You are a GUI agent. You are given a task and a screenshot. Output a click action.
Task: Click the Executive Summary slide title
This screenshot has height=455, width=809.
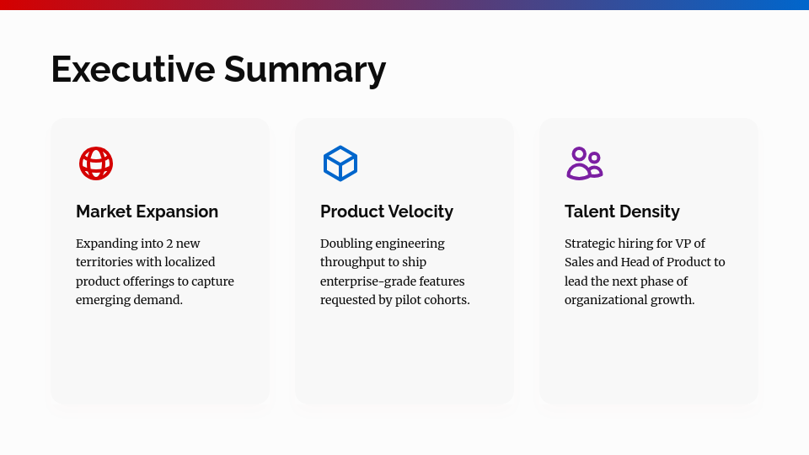tap(218, 69)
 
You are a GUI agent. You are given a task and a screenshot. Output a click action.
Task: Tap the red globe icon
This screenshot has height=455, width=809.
tap(96, 163)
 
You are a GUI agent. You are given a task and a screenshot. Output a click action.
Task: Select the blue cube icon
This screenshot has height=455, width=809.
tap(340, 163)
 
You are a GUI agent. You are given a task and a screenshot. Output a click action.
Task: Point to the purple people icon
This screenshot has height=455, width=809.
tap(584, 163)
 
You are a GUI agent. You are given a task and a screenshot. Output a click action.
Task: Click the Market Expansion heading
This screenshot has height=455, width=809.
tap(147, 211)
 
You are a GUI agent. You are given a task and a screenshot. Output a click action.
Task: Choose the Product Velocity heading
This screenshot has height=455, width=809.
tap(386, 211)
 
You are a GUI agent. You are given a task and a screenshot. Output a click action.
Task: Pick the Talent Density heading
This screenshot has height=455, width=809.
tap(622, 211)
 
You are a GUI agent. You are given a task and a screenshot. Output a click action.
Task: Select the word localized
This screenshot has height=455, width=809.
tap(190, 262)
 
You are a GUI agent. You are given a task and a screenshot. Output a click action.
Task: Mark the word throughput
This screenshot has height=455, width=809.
tap(352, 262)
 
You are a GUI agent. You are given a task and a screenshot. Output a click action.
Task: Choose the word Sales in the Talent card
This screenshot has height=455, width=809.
tap(579, 262)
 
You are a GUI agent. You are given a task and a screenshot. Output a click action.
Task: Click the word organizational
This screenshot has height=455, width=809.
tap(603, 300)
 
